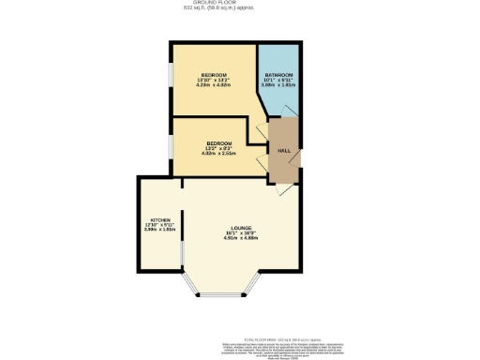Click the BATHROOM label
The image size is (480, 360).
[278, 75]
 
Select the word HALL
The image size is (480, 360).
[282, 150]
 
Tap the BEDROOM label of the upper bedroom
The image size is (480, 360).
[215, 74]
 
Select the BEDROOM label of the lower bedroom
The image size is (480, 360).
[218, 142]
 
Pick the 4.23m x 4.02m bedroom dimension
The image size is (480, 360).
[215, 85]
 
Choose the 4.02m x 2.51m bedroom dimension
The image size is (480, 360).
[218, 154]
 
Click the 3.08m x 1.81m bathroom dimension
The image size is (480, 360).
[278, 86]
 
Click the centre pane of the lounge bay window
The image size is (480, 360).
[224, 295]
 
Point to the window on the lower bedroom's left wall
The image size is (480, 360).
[170, 145]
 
